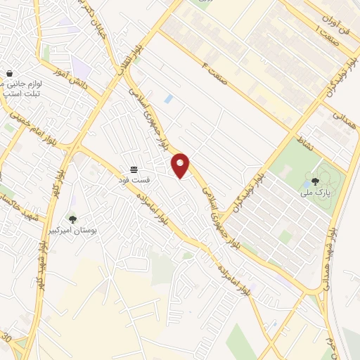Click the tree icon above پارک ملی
(x=314, y=181)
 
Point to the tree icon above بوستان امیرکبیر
(x=72, y=219)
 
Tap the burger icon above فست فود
(x=134, y=169)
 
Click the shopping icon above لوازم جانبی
(x=10, y=73)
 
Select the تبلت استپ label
(x=21, y=94)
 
